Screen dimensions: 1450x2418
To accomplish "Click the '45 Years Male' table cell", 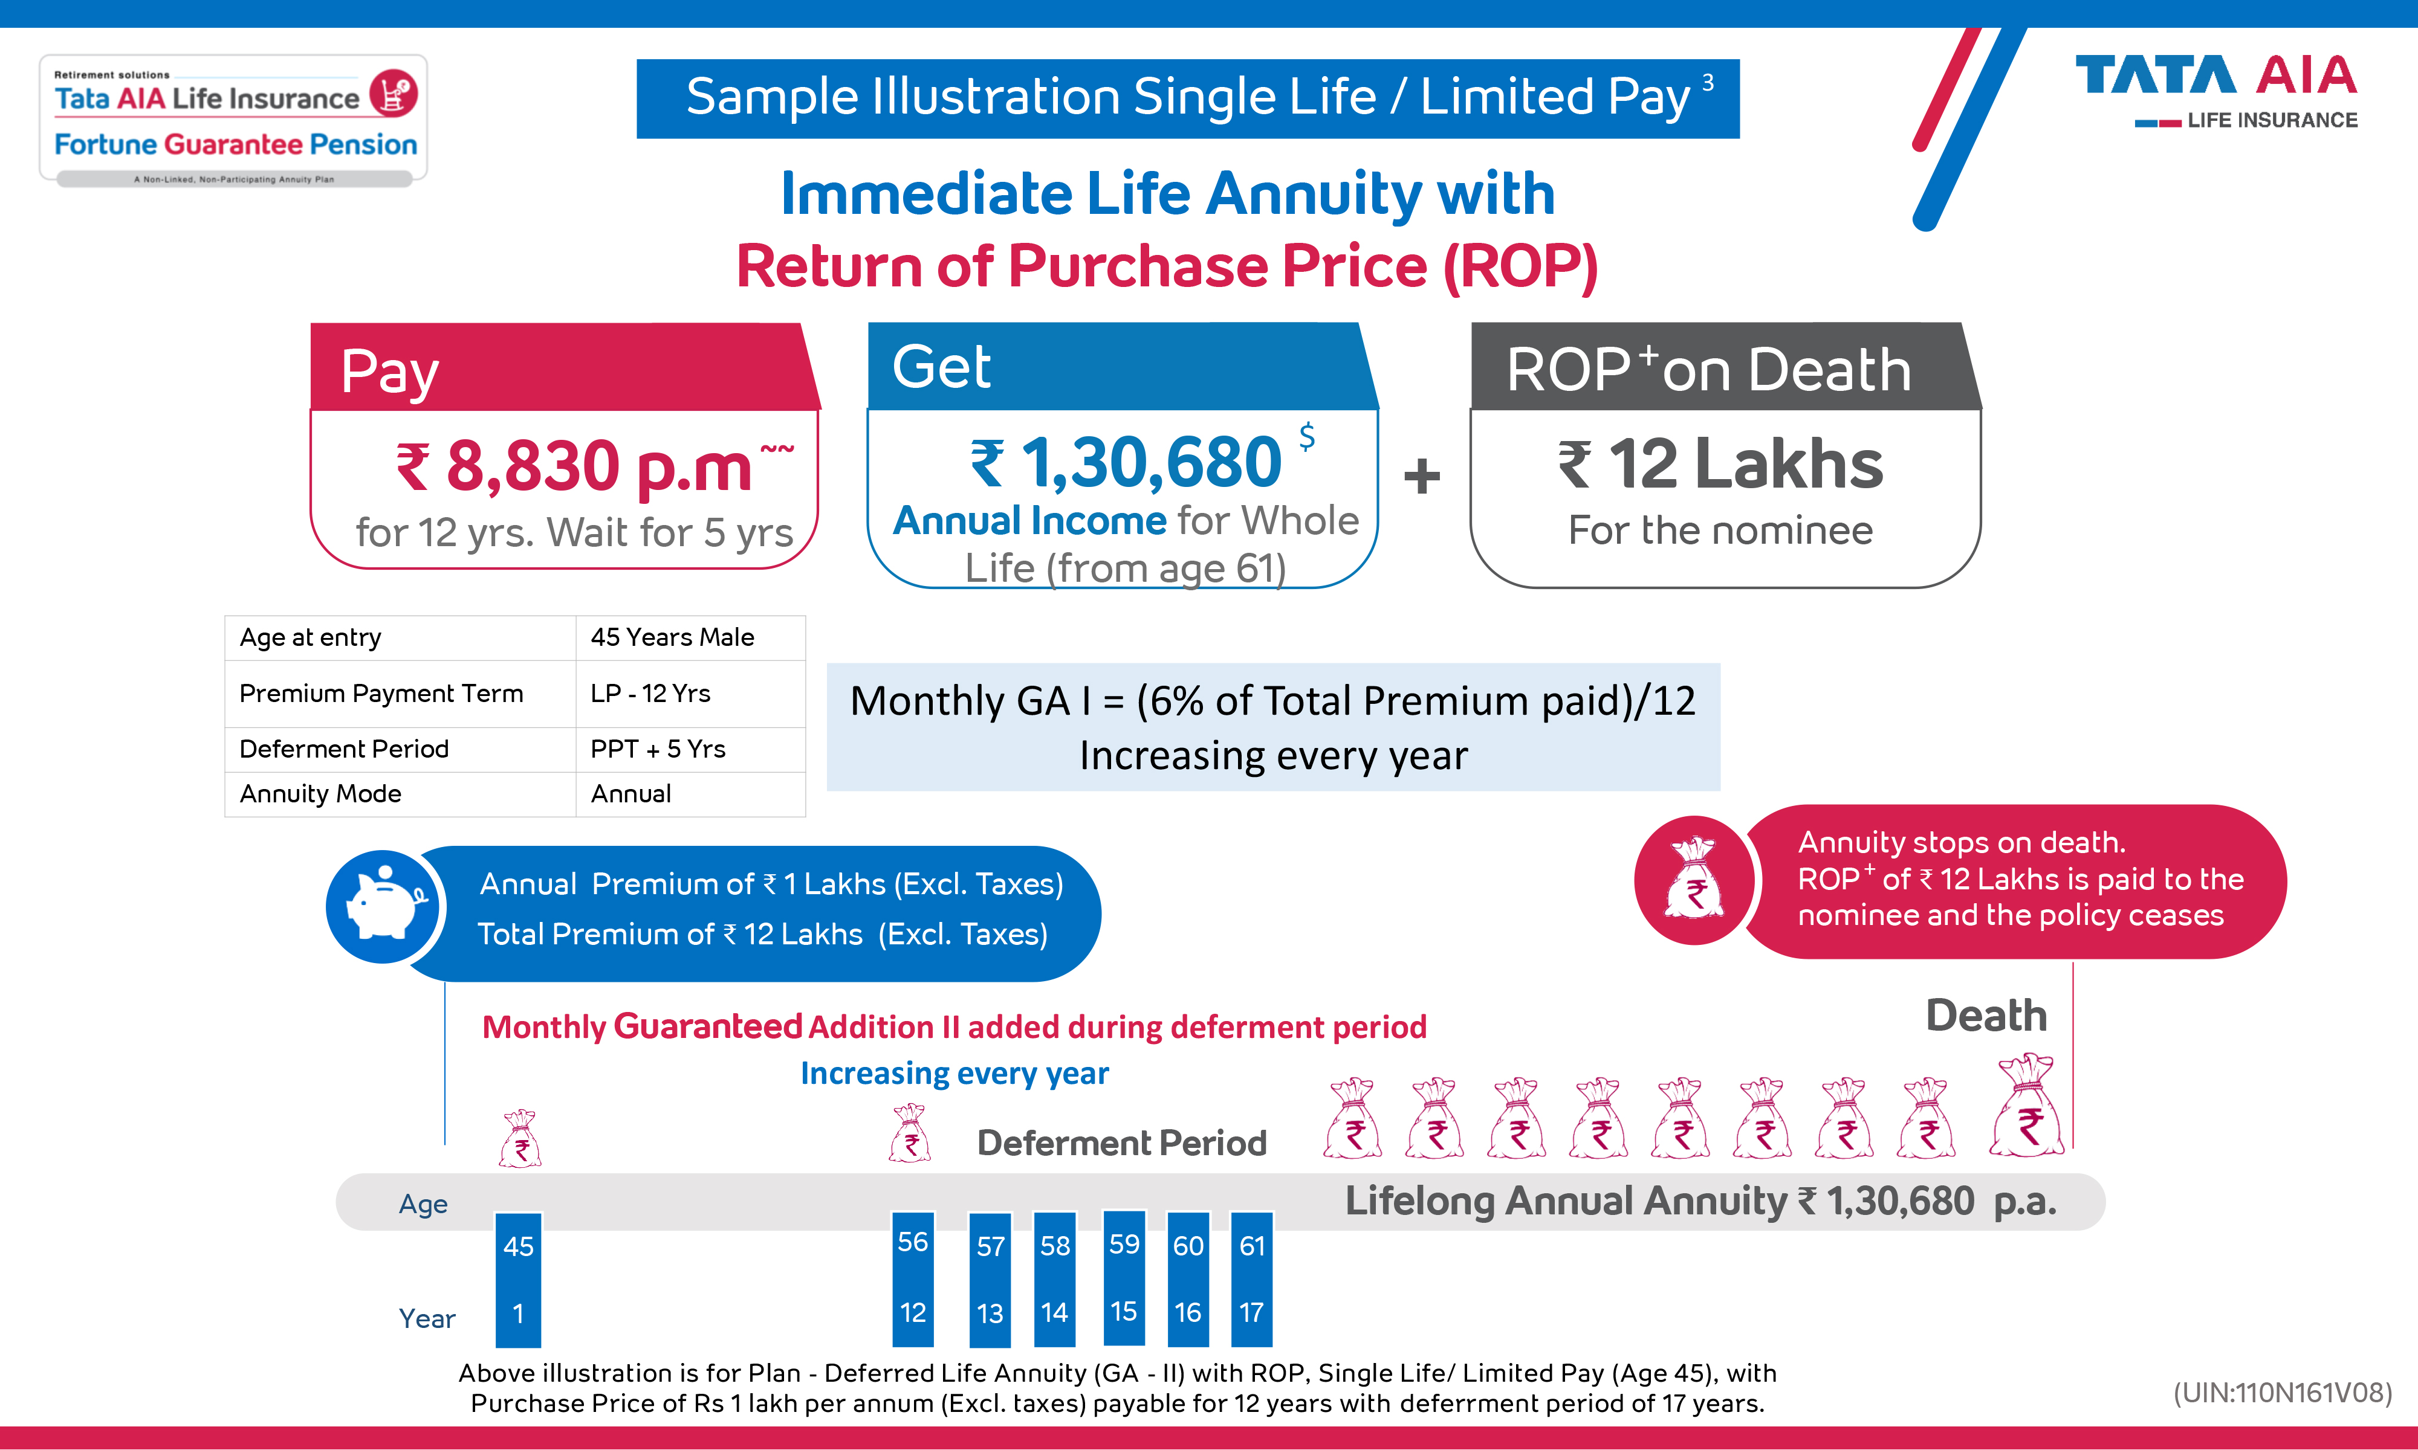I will tap(672, 637).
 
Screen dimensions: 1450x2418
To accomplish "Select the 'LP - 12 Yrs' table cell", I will tap(650, 693).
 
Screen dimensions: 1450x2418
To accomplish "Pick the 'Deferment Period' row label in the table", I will tap(344, 749).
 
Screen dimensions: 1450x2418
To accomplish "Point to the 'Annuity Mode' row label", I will tap(320, 793).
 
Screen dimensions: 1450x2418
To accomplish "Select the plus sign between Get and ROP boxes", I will tap(1422, 477).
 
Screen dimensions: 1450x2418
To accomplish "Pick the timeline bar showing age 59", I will tap(1124, 1277).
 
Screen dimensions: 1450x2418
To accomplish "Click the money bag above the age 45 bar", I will tap(520, 1139).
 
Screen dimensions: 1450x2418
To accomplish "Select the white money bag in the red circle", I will tap(1695, 880).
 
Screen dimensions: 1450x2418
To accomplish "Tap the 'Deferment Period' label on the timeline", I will tap(1121, 1142).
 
